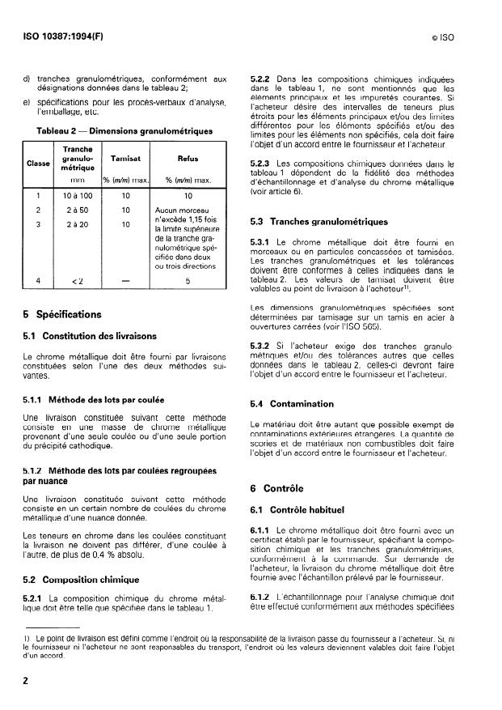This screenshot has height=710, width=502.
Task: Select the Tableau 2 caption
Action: pyautogui.click(x=124, y=130)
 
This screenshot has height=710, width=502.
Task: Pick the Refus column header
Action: pyautogui.click(x=187, y=159)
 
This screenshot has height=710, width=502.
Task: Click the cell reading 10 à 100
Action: pyautogui.click(x=76, y=196)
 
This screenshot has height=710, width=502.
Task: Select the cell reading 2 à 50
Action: pyautogui.click(x=76, y=210)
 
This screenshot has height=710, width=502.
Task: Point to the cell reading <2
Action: pyautogui.click(x=76, y=281)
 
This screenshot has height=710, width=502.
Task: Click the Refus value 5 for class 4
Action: pyautogui.click(x=187, y=281)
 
